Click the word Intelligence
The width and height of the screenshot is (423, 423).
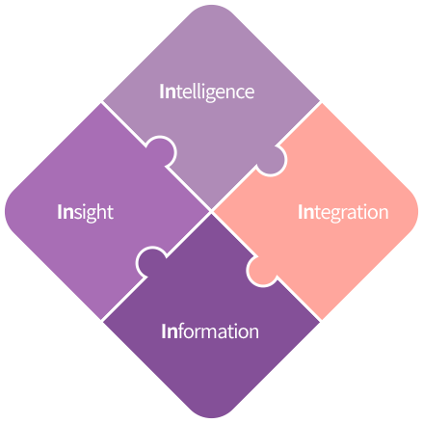(x=207, y=93)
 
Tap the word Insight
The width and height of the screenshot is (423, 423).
(x=86, y=212)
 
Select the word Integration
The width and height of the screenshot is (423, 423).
(x=343, y=213)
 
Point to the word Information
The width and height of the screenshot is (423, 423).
(x=210, y=330)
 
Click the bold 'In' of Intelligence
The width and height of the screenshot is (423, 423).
(x=168, y=92)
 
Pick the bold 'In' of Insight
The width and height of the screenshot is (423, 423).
(x=66, y=212)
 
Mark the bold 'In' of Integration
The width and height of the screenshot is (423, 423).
(x=306, y=212)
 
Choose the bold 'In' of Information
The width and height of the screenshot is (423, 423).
(x=170, y=331)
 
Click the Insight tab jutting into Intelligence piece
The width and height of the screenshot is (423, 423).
(x=162, y=151)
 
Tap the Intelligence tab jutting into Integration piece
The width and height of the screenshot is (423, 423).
(x=271, y=160)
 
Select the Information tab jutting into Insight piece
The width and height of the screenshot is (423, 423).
(x=151, y=261)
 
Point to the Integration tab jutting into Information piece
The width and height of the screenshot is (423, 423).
(x=261, y=271)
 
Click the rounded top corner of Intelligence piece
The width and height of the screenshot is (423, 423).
(x=211, y=6)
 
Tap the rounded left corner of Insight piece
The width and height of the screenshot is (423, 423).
(x=6, y=211)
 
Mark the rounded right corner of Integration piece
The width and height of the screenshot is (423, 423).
(x=417, y=211)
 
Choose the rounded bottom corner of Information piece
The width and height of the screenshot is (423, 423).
(x=211, y=417)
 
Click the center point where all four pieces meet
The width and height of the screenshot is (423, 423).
(x=211, y=211)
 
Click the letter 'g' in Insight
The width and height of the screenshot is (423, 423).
(x=92, y=215)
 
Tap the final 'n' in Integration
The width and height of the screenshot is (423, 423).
(x=384, y=214)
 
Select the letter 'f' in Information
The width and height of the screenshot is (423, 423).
(x=182, y=330)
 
